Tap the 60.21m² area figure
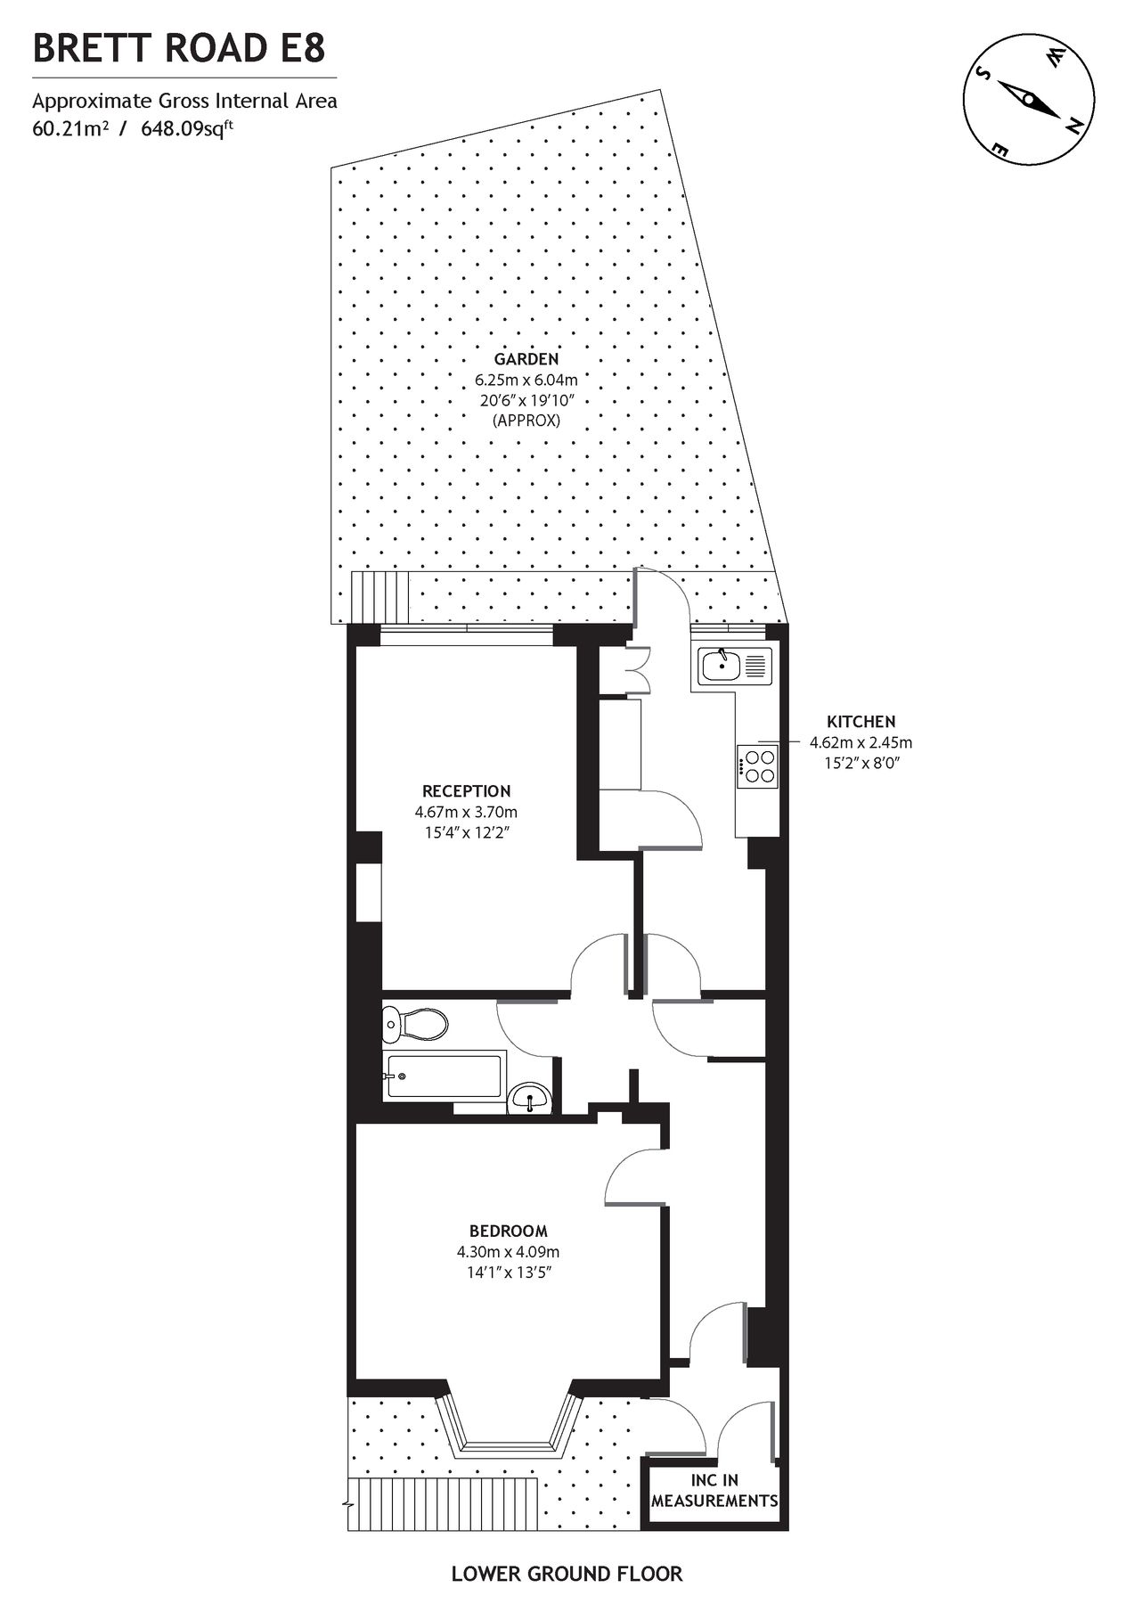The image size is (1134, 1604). pos(70,128)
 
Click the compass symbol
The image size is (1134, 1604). pos(1028,99)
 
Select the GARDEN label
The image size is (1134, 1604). pos(526,359)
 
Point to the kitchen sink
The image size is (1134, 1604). pos(735,666)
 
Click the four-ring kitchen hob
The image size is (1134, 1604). pos(758,766)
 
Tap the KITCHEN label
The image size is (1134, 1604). pos(861,722)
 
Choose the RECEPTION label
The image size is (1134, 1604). pos(466,791)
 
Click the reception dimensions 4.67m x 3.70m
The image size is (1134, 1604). pos(466,813)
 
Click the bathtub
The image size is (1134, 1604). pos(443,1076)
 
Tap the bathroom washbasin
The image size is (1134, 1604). pos(530,1100)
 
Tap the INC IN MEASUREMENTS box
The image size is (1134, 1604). pos(714,1491)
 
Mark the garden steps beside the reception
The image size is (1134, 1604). pos(380,597)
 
